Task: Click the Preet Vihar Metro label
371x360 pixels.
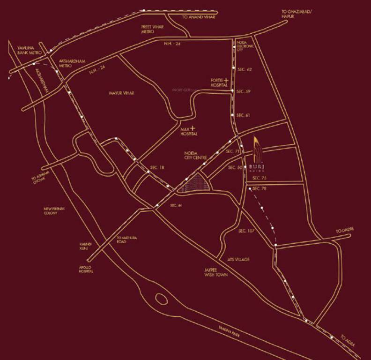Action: pos(151,29)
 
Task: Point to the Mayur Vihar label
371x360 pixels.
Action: pos(123,93)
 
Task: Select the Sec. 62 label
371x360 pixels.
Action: pos(245,69)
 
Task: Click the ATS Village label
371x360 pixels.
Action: pos(238,259)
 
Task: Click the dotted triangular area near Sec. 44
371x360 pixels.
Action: pos(195,183)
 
